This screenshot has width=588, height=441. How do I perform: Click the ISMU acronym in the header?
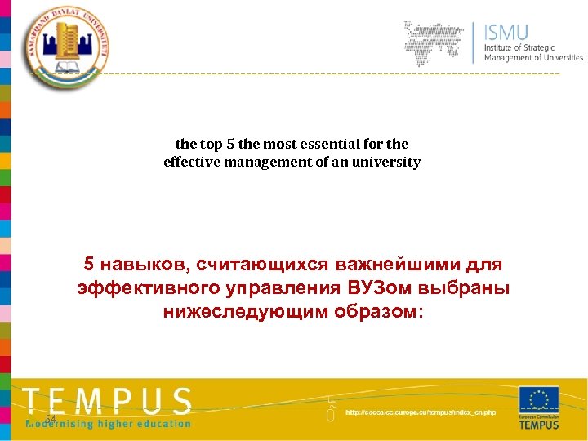point(506,33)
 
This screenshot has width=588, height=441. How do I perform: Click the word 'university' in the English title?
point(386,162)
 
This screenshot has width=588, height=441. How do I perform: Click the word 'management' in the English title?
point(265,162)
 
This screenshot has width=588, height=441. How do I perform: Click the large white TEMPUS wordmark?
point(107,401)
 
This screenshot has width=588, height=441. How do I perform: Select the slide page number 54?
point(50,419)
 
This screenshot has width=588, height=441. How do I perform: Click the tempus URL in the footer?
point(421,412)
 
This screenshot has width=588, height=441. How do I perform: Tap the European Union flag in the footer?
point(539,401)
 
